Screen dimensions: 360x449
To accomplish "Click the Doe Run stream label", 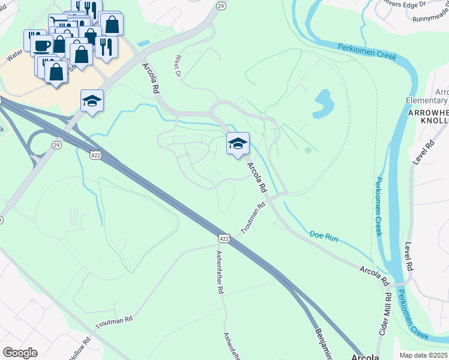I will [x=325, y=236].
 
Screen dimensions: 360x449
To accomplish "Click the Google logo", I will [x=20, y=352].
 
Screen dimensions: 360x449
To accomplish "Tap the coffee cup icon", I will [x=41, y=46].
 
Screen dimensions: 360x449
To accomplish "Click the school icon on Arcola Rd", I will [x=238, y=143].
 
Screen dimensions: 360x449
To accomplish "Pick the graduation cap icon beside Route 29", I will [x=92, y=101].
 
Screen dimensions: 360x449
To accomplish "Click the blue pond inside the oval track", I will [x=323, y=103].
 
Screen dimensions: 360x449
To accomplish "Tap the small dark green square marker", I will [x=309, y=150].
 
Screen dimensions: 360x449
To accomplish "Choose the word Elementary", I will [x=427, y=101].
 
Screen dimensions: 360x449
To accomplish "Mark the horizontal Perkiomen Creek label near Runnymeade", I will [x=367, y=51].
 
